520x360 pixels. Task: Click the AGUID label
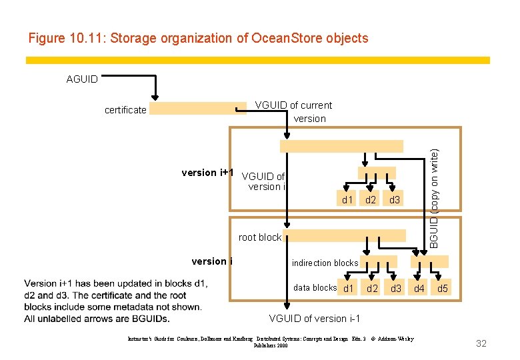tap(82, 79)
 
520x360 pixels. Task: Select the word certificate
tap(125, 110)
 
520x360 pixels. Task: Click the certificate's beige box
tap(197, 109)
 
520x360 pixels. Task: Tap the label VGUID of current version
tap(293, 112)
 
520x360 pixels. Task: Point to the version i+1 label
tap(207, 173)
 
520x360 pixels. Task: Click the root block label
tap(260, 237)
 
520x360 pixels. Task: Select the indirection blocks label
tap(325, 263)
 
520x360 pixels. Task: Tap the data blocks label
tap(315, 287)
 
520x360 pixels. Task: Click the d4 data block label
tap(419, 289)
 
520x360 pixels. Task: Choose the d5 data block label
tap(443, 289)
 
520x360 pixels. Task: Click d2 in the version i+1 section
tap(371, 200)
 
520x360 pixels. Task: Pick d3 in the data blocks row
tap(396, 289)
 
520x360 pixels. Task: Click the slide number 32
tap(481, 343)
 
